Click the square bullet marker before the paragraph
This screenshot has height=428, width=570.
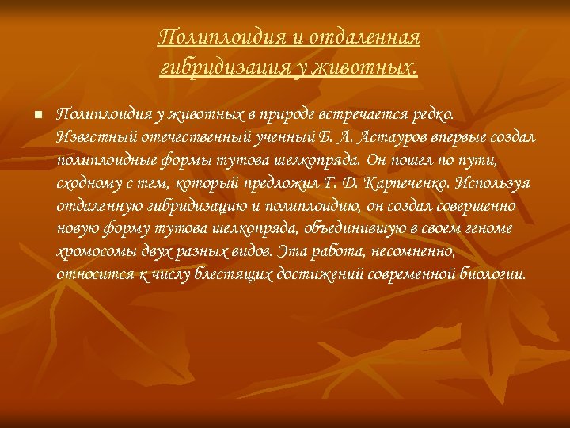click(38, 115)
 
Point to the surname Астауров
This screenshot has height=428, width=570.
click(391, 137)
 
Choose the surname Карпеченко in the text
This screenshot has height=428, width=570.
click(407, 183)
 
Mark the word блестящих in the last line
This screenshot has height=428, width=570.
click(234, 275)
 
